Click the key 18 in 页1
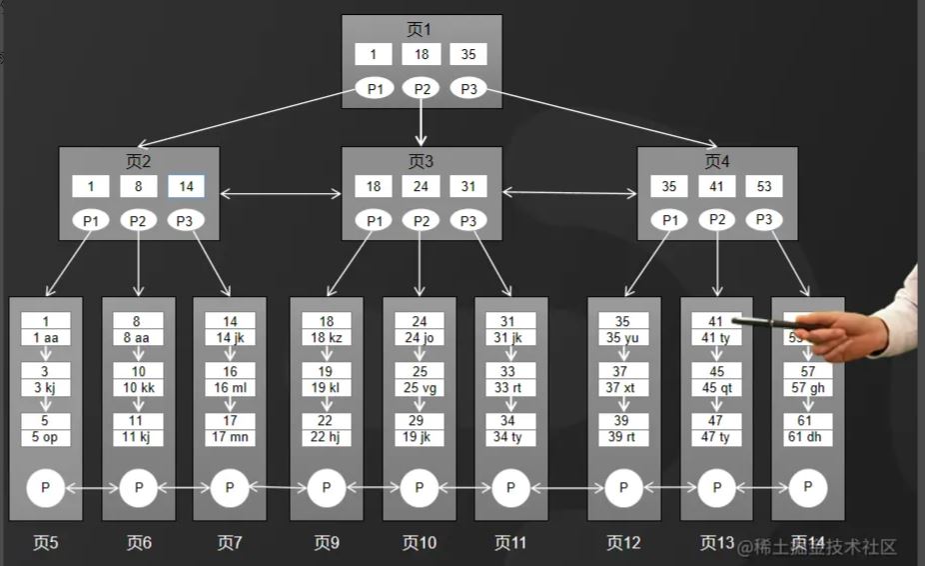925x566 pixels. [x=422, y=54]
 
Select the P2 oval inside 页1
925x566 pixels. [x=422, y=89]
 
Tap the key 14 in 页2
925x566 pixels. [x=186, y=186]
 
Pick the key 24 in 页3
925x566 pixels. [x=422, y=186]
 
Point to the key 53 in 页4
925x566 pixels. [x=764, y=186]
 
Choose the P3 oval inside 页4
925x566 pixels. [x=764, y=219]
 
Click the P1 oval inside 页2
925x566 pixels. [x=91, y=220]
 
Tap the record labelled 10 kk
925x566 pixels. [x=139, y=387]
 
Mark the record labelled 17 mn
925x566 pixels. [x=230, y=437]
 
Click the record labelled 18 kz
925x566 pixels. [x=327, y=338]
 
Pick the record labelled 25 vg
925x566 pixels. [x=420, y=387]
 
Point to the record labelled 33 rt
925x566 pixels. [x=510, y=387]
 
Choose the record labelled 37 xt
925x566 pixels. [x=623, y=387]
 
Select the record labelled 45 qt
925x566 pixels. [x=716, y=387]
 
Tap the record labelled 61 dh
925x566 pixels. [x=808, y=437]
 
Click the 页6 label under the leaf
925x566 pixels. [x=139, y=543]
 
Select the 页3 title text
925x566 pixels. [x=421, y=161]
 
